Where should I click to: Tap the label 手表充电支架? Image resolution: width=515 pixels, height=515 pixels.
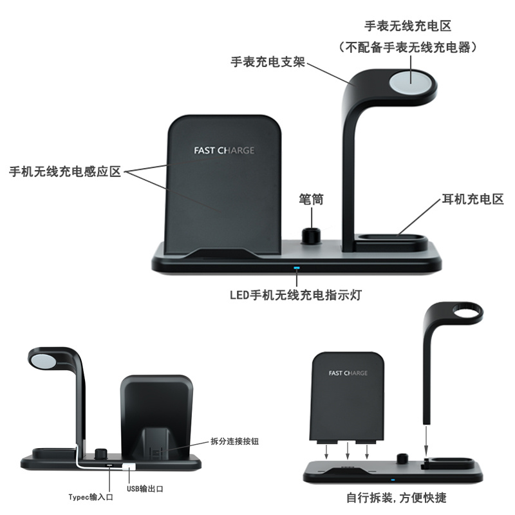pos(268,63)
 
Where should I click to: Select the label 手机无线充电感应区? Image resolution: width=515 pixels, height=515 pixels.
pos(64,173)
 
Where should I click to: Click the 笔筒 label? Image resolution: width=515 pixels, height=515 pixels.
pos(312,200)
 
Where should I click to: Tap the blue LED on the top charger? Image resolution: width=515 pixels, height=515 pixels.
pos(297,267)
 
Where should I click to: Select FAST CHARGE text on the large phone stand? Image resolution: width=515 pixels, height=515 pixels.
pos(224,151)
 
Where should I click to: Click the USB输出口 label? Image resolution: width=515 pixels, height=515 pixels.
pos(145,489)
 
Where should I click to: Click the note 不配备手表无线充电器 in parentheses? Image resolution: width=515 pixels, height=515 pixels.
pos(407,47)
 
